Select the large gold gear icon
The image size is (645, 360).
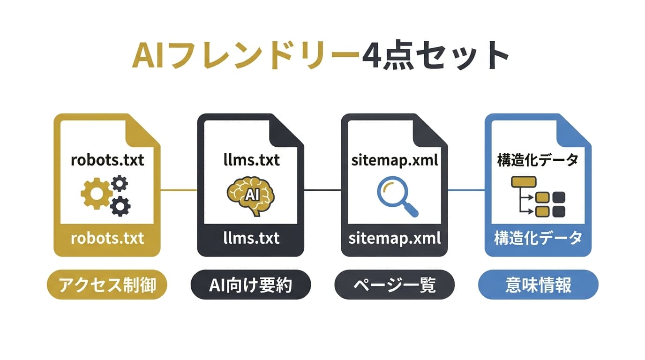pyautogui.click(x=96, y=194)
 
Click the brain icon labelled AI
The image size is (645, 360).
pyautogui.click(x=251, y=195)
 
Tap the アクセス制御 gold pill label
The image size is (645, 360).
pyautogui.click(x=107, y=285)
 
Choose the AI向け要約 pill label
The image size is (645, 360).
pyautogui.click(x=251, y=285)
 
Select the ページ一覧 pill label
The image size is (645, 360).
pyautogui.click(x=394, y=285)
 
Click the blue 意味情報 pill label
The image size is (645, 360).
pyautogui.click(x=538, y=285)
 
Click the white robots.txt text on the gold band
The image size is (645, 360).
pyautogui.click(x=107, y=238)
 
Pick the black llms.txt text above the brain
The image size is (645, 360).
pyautogui.click(x=251, y=160)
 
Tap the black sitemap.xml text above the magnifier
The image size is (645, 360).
pyautogui.click(x=394, y=160)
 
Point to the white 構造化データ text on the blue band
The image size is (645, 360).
pyautogui.click(x=538, y=238)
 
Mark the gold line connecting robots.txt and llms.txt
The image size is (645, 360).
pyautogui.click(x=179, y=190)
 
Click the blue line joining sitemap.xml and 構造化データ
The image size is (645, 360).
pyautogui.click(x=466, y=190)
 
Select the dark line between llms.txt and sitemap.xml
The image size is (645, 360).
pyautogui.click(x=322, y=190)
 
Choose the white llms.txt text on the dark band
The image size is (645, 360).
pyautogui.click(x=251, y=238)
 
